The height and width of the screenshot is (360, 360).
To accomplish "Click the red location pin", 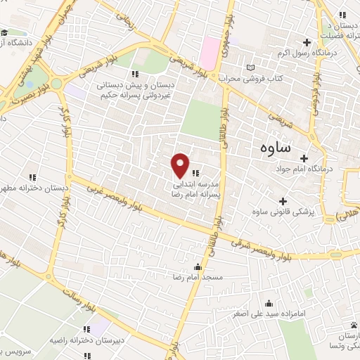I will click(x=181, y=165).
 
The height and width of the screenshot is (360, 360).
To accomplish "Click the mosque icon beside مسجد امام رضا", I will click(x=198, y=266).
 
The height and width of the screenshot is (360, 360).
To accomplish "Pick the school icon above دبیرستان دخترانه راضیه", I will click(x=86, y=328).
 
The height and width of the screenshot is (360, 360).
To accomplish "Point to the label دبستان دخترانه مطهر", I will click(x=34, y=188).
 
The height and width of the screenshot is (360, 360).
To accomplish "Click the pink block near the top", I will click(x=210, y=49).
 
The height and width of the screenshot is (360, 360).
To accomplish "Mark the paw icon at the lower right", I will click(x=352, y=324).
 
